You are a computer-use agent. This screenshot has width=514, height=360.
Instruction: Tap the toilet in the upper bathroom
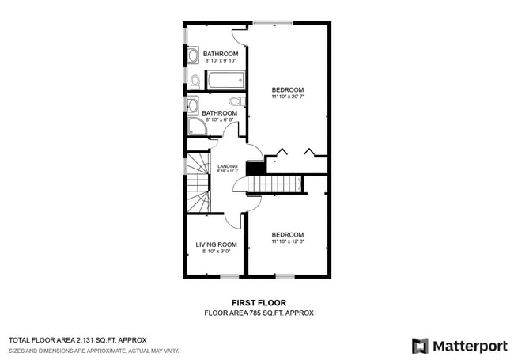click(x=195, y=81)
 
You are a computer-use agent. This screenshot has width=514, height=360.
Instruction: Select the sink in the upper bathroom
click(x=193, y=56)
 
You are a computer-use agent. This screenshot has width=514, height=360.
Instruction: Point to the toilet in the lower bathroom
click(x=235, y=101)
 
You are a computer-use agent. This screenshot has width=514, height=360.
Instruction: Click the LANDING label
click(x=227, y=166)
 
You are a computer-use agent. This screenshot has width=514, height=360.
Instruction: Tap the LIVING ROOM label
click(x=216, y=244)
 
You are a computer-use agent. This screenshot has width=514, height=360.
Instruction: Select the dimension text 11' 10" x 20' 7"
click(x=288, y=98)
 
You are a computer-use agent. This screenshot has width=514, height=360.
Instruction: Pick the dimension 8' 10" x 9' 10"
click(x=221, y=61)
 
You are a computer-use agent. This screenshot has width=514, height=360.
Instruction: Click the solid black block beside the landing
click(x=255, y=169)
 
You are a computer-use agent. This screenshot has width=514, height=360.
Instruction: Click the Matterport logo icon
click(x=420, y=346)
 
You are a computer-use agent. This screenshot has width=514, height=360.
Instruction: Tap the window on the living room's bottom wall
click(x=229, y=276)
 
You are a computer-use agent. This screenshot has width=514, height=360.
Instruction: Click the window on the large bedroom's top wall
click(x=273, y=21)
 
